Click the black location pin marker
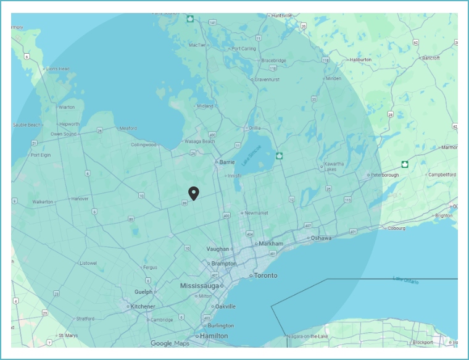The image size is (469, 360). [194, 193]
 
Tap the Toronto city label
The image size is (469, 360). [266, 275]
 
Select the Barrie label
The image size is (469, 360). [226, 162]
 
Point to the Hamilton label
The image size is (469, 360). [214, 336]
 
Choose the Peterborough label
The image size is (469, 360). [386, 175]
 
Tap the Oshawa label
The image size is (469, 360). [321, 238]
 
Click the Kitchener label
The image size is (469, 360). [143, 306]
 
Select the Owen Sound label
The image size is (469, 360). [64, 134]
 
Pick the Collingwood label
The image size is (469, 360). [144, 145]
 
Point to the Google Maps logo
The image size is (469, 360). [170, 343]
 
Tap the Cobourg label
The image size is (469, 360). [396, 228]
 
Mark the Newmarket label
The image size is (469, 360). [257, 213]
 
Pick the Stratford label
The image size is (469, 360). [85, 319]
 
